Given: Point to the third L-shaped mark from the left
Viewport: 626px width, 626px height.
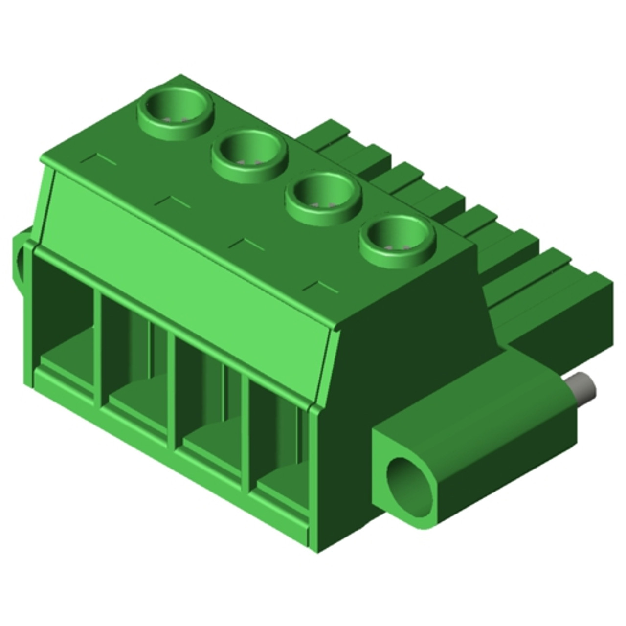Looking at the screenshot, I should click(x=247, y=244).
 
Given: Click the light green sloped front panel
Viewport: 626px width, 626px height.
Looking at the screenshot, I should click(x=191, y=274).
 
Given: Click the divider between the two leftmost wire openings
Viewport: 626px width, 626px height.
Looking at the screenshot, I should click(x=100, y=350).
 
